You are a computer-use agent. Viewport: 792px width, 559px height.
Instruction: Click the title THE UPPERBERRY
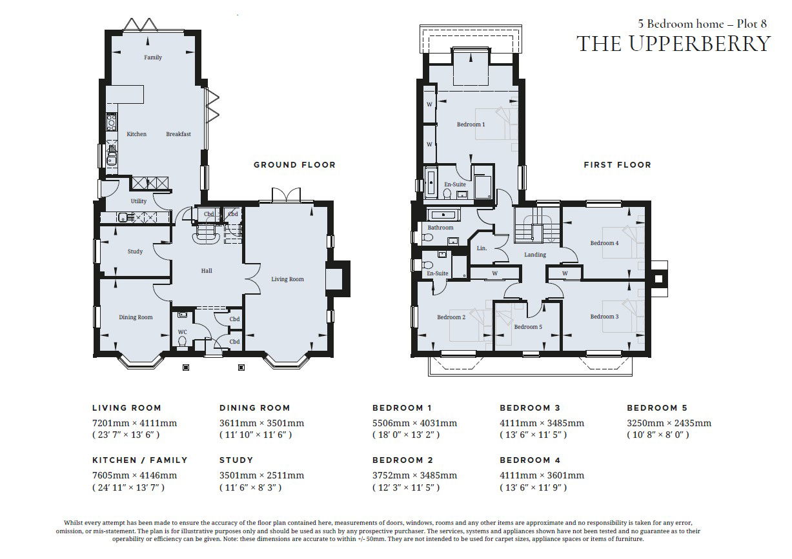(x=673, y=44)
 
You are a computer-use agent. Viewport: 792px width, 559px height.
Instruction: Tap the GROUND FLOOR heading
(x=294, y=165)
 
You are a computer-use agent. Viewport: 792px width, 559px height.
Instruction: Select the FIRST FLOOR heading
(x=617, y=165)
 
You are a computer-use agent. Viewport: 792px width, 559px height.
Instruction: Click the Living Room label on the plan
(x=287, y=279)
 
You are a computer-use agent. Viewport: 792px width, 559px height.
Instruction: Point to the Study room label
(x=135, y=251)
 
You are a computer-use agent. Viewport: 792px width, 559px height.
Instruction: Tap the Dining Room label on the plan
(x=136, y=317)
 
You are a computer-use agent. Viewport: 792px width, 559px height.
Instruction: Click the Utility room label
(x=139, y=201)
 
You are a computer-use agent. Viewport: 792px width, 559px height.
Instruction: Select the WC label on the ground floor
(x=183, y=332)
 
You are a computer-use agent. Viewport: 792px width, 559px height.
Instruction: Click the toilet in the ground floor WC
(x=183, y=342)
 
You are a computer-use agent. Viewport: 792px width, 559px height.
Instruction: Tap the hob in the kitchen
(x=112, y=121)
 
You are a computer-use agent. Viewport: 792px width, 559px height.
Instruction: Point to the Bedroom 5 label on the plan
(x=528, y=327)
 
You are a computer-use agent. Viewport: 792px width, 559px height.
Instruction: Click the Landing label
(x=535, y=255)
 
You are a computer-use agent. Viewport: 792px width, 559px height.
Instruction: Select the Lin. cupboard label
(x=482, y=248)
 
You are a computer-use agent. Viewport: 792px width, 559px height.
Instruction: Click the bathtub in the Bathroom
(x=443, y=214)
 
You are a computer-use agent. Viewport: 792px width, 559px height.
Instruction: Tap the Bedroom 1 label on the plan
(x=471, y=124)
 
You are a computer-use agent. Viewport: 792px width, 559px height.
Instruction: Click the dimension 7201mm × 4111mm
(x=135, y=423)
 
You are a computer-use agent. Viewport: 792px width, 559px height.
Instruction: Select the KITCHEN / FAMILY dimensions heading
(x=140, y=460)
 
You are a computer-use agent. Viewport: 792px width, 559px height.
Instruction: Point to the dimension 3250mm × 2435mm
(x=669, y=423)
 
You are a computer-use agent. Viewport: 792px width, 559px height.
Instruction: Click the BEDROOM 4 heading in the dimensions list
(x=530, y=460)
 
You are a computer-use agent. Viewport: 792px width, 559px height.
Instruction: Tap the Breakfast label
(x=179, y=134)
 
